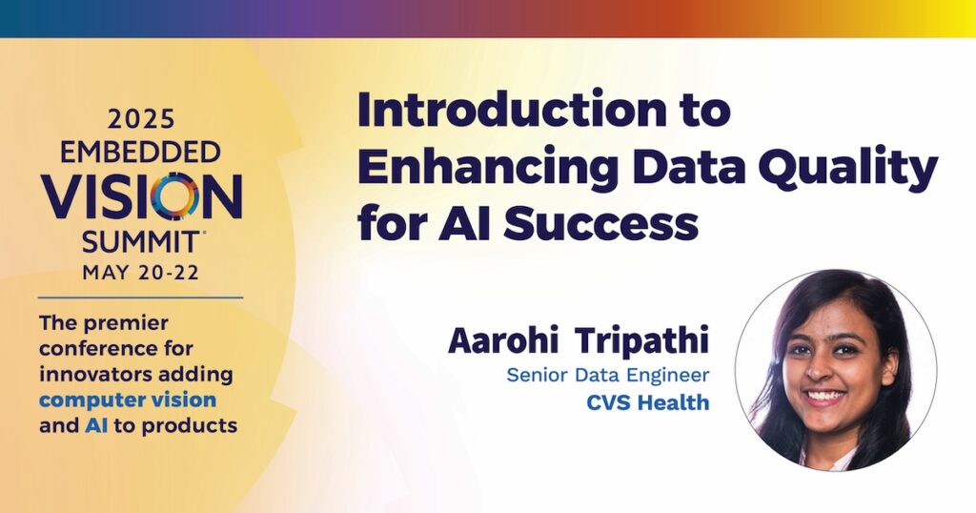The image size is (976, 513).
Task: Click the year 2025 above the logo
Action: click(x=141, y=119)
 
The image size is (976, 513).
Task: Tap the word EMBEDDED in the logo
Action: click(x=141, y=152)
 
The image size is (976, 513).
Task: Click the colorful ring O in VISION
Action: click(x=175, y=196)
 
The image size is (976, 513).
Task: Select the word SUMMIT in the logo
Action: click(x=141, y=242)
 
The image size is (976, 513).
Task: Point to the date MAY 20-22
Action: click(x=141, y=273)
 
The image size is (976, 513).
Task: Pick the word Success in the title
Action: click(x=600, y=223)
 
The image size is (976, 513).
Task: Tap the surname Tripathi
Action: click(x=641, y=340)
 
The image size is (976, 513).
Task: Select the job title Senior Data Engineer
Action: click(x=608, y=376)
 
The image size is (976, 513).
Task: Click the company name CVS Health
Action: click(x=648, y=402)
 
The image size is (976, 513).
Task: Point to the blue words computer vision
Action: click(x=128, y=400)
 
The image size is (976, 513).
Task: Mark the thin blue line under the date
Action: click(x=141, y=298)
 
